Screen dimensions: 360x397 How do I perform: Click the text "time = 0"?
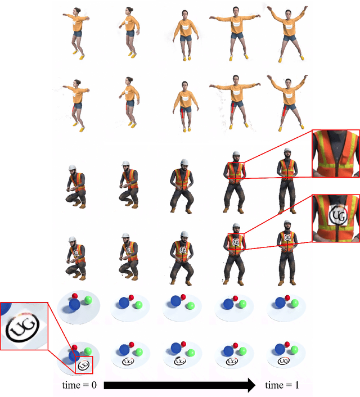pyautogui.click(x=79, y=385)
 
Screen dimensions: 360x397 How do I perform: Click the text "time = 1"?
pyautogui.click(x=282, y=385)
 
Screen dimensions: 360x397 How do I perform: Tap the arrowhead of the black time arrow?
pyautogui.click(x=251, y=385)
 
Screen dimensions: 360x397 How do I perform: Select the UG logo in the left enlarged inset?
pyautogui.click(x=23, y=327)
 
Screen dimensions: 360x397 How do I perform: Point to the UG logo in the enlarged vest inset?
pyautogui.click(x=337, y=215)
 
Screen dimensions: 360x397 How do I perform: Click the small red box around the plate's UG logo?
pyautogui.click(x=84, y=365)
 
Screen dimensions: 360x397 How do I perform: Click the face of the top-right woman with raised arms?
pyautogui.click(x=288, y=14)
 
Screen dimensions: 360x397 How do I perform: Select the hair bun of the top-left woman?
pyautogui.click(x=79, y=10)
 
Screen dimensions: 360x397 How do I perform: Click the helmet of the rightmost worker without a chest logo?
pyautogui.click(x=287, y=150)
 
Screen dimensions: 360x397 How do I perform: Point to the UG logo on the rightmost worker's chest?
pyautogui.click(x=287, y=237)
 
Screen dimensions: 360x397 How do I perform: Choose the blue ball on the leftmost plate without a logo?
pyautogui.click(x=74, y=305)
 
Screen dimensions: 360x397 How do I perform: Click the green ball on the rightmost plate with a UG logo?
pyautogui.click(x=294, y=350)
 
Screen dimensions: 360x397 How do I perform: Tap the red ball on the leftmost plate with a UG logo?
pyautogui.click(x=74, y=348)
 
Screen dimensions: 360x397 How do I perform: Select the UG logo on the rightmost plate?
pyautogui.click(x=283, y=361)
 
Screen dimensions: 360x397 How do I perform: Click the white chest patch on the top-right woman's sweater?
pyautogui.click(x=289, y=25)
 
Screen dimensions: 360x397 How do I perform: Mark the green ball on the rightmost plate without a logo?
pyautogui.click(x=295, y=303)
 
